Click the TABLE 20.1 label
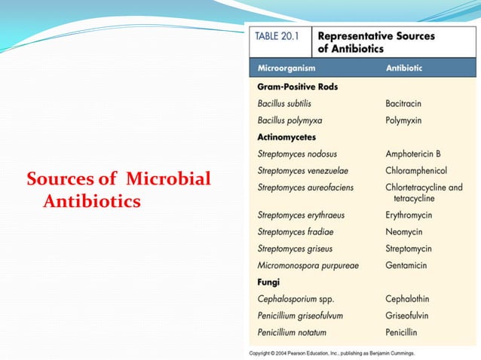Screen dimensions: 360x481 [x=280, y=35]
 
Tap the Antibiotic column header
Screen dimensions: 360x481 [x=404, y=68]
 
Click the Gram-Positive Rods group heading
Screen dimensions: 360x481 [x=298, y=87]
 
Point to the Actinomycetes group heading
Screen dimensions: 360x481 [x=286, y=137]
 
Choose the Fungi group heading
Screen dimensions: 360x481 [x=268, y=282]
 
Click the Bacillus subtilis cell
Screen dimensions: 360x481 [x=284, y=103]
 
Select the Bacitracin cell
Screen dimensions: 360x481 [x=406, y=103]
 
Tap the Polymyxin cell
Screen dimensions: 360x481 [x=403, y=120]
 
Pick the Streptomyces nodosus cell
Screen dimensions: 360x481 [x=297, y=154]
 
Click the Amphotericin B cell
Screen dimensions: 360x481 [x=412, y=154]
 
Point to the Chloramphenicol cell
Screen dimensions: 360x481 [x=416, y=170]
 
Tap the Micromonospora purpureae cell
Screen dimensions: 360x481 [x=308, y=265]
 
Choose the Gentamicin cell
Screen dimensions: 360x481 [x=406, y=265]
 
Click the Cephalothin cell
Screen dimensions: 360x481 [x=408, y=298]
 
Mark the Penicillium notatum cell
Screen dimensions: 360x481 [x=296, y=331]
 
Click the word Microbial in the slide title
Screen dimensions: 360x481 [x=168, y=180]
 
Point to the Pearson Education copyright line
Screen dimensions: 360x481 [x=336, y=352]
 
